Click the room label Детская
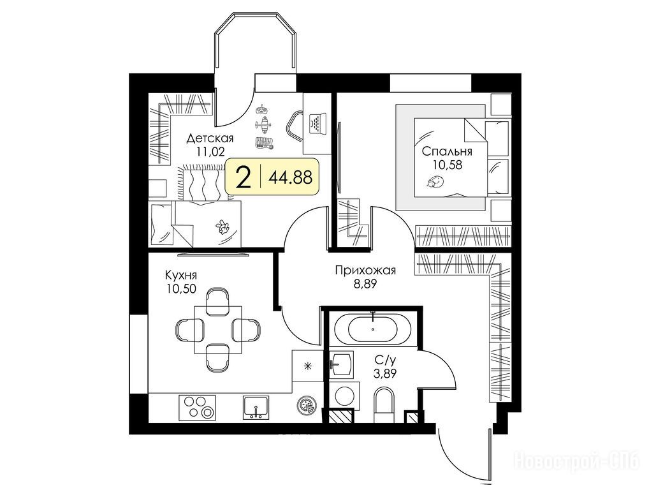[210, 138]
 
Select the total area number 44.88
[290, 178]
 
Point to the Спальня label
[447, 152]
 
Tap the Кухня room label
[181, 275]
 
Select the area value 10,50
[181, 288]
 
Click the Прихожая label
[365, 271]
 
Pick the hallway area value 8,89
[365, 285]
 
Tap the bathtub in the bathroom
[373, 329]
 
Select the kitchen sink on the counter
[256, 407]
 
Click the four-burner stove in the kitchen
[197, 407]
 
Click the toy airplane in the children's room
[263, 124]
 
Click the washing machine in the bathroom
[345, 396]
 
